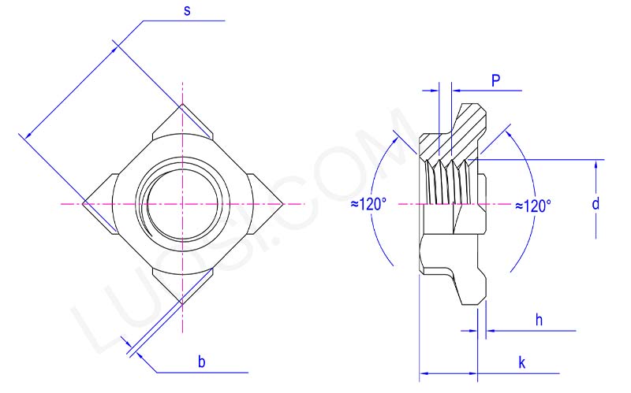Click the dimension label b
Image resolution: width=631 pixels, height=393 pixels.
click(201, 361)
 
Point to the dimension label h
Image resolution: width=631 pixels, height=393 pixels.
click(539, 320)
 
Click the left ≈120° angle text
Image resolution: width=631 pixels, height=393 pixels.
click(368, 205)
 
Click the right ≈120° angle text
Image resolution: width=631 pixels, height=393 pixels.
click(532, 205)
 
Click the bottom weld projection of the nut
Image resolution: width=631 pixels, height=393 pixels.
click(183, 288)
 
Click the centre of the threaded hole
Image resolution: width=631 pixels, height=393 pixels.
click(183, 204)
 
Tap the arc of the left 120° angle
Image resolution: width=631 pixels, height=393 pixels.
click(376, 236)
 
